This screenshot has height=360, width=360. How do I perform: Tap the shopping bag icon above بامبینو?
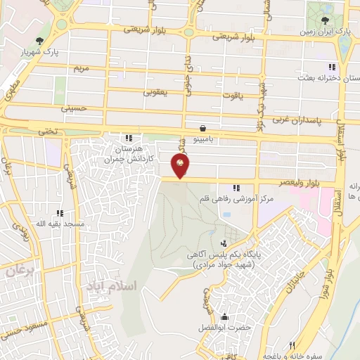point(202,128)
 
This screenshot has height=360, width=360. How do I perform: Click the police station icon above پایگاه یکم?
point(224,243)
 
